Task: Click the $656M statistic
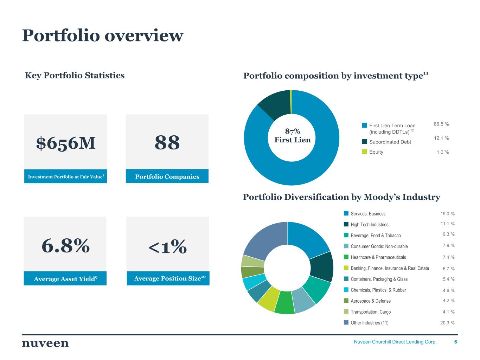pos(66,143)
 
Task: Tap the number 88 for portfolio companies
pos(167,143)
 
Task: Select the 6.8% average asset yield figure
pos(65,245)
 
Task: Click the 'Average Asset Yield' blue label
pos(65,279)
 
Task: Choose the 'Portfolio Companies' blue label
pos(167,176)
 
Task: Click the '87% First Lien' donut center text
pos(292,136)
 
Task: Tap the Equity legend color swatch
pos(365,152)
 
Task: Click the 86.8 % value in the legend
pos(441,124)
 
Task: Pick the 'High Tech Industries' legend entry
pos(369,225)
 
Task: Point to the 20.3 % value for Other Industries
pos(447,323)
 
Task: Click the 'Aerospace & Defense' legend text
pos(370,301)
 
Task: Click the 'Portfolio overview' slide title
pos(103,36)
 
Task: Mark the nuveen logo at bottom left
pos(45,343)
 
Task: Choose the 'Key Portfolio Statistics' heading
pos(75,75)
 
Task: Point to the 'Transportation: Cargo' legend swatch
pos(346,312)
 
